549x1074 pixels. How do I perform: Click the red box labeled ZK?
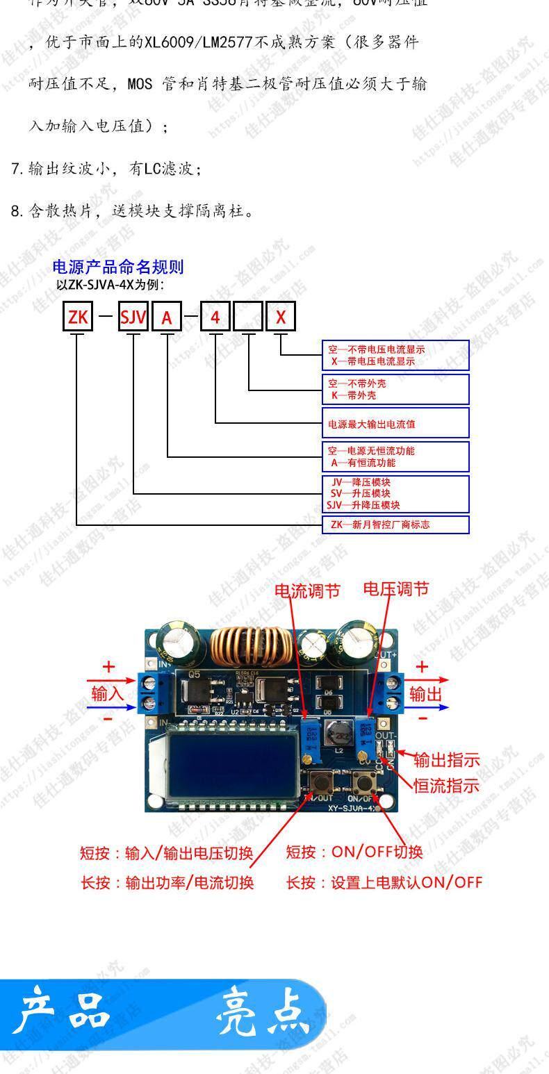[77, 317]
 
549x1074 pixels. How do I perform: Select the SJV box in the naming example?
[133, 317]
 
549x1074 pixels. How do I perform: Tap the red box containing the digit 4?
[215, 317]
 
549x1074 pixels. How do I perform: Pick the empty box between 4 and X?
[248, 317]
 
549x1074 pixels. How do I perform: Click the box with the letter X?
[281, 317]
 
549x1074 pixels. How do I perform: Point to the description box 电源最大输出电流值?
[395, 423]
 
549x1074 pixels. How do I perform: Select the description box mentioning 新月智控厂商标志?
[395, 524]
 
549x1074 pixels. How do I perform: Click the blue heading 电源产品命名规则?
[118, 267]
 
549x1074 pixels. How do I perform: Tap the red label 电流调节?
[307, 591]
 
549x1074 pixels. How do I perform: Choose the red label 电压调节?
[396, 589]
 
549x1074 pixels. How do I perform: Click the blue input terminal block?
[147, 693]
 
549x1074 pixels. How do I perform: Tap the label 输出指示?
[447, 760]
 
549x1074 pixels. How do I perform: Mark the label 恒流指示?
[447, 786]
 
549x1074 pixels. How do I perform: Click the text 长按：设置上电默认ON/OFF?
[384, 882]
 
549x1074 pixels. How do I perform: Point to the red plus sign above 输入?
[108, 668]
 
